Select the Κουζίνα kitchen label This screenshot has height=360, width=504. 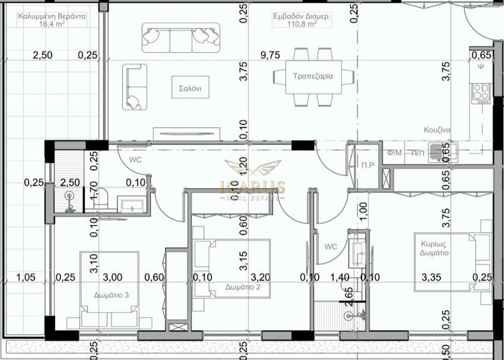pos(435,131)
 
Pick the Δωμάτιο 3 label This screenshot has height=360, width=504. pos(112,294)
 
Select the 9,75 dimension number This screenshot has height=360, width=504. pos(271,55)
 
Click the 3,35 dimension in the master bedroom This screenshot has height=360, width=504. pos(434,276)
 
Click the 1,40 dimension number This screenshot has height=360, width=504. pos(339,276)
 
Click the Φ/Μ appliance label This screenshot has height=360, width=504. pos(394,153)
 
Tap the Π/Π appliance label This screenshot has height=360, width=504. pos(417,153)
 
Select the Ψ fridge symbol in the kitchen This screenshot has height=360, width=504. pos(483,69)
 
